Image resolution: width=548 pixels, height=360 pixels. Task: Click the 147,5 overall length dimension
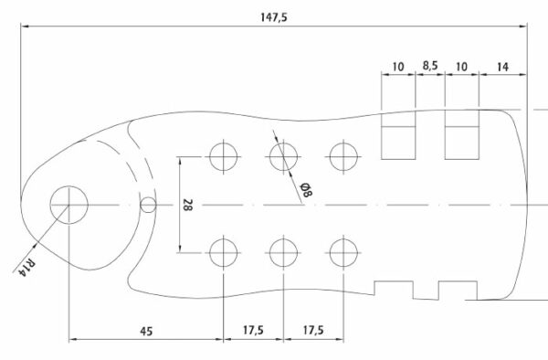point(274,17)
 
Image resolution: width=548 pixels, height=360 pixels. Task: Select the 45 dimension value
point(146,331)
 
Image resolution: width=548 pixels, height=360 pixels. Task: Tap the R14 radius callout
point(27,267)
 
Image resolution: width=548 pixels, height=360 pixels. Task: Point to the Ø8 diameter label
point(306,190)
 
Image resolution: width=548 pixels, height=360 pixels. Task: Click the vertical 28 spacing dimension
point(187,205)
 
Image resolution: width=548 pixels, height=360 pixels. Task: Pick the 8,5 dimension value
point(430,66)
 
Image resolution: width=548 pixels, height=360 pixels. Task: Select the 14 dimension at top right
point(502,67)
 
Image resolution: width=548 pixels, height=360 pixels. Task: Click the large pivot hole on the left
point(69,205)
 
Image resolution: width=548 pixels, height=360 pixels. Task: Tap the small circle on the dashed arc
point(148,205)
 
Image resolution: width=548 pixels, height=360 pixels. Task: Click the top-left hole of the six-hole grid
point(224,156)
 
